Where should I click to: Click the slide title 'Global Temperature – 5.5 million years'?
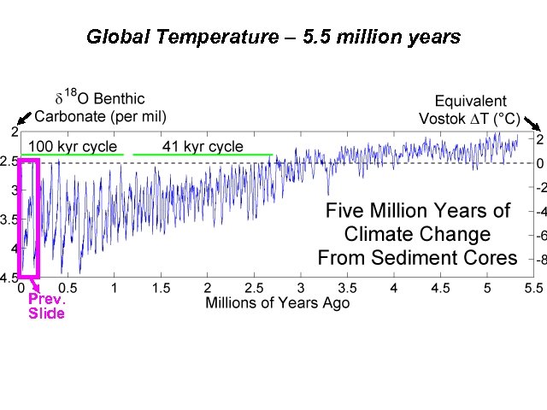[x=273, y=38]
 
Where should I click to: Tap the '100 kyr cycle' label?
[x=73, y=146]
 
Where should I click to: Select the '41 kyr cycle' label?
[x=202, y=146]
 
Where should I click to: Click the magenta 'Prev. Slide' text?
[x=47, y=306]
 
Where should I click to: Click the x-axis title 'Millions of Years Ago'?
[x=276, y=302]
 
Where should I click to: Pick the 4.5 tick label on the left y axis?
[x=9, y=278]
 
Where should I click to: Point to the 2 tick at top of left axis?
[x=14, y=132]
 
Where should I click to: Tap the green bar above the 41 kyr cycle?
[x=203, y=155]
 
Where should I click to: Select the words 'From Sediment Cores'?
[x=417, y=257]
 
